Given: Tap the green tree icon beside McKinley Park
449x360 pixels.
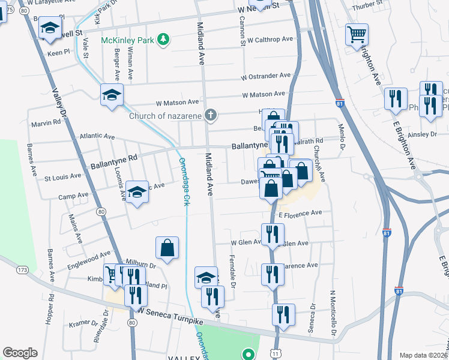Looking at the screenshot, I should tap(163, 40).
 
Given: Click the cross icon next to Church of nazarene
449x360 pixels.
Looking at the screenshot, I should tap(211, 115).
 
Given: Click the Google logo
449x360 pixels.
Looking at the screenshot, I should tap(20, 353).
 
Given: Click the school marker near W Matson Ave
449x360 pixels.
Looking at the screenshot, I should tap(111, 95).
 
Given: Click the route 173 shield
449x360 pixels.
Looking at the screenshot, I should tap(22, 270).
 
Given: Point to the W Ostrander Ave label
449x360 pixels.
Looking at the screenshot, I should tap(266, 77).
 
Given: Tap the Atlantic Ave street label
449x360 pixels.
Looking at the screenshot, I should tap(97, 137).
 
